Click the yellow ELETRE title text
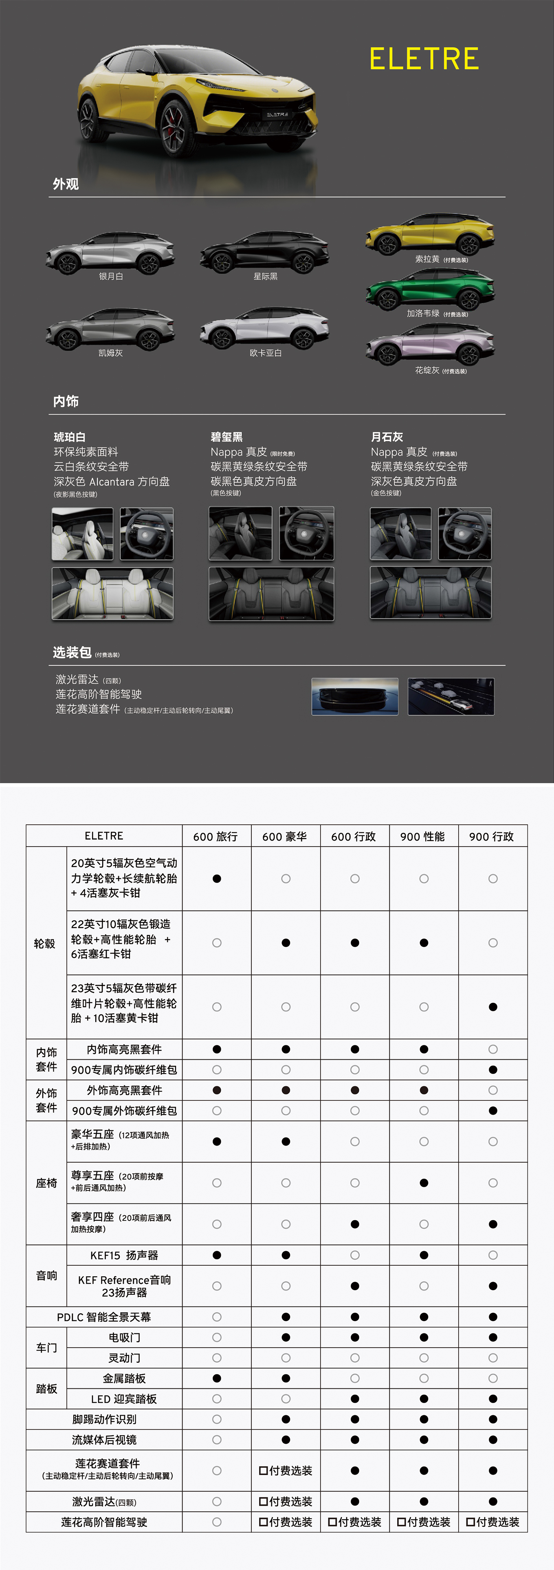coord(424,59)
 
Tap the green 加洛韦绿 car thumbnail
coord(430,289)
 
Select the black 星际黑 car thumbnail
coord(265,251)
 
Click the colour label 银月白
coord(111,276)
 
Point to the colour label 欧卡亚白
coord(266,353)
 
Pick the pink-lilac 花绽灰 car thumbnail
coord(430,345)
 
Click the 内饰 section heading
coord(66,401)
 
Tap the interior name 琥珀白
coord(70,437)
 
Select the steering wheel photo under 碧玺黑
coord(307,533)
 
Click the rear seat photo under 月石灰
coord(431,593)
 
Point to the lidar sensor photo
coord(355,697)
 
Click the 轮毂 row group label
coord(44,944)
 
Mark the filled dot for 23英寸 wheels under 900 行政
coord(493,1007)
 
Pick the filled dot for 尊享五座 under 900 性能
coord(424,1183)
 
